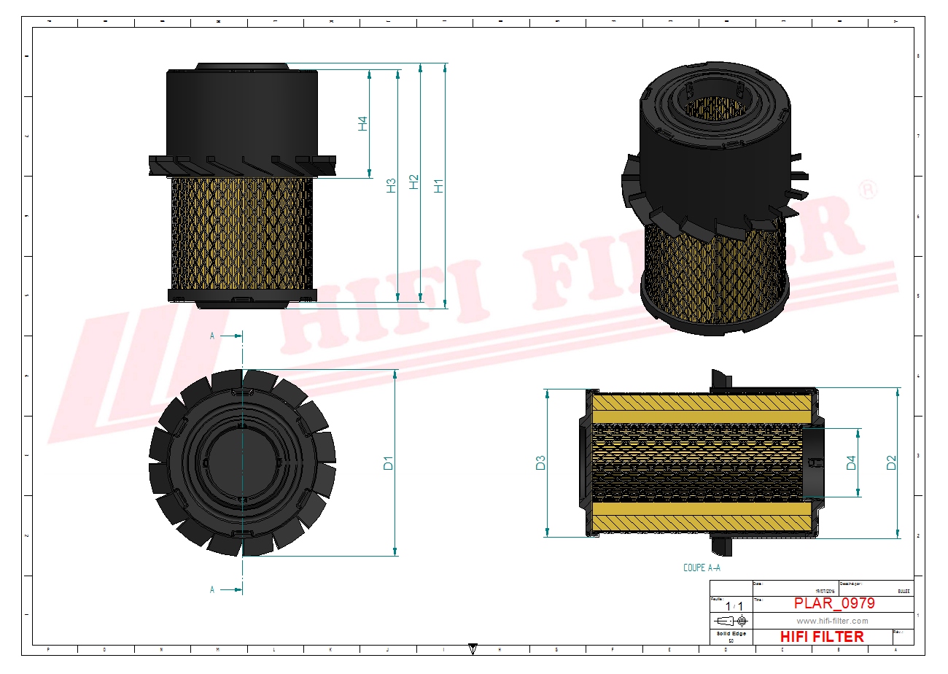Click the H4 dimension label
pos(362,124)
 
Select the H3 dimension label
pos(391,185)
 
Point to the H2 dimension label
pos(414,182)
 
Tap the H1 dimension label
pos(438,185)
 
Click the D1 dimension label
pos(389,462)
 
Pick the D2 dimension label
pos(891,462)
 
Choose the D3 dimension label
pos(540,462)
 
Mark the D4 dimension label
pos(851,462)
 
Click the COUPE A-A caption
pos(702,568)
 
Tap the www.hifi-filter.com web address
pos(832,621)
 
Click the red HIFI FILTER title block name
pos(823,637)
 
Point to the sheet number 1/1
pos(734,606)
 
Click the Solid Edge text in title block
pos(731,633)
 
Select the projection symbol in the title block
pos(731,621)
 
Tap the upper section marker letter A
pos(212,336)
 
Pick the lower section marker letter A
pos(212,589)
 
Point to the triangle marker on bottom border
pos(473,648)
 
